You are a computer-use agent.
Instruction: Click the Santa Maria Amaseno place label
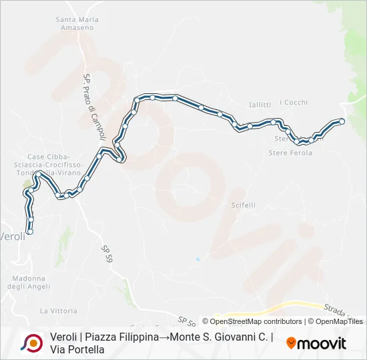pos(77,23)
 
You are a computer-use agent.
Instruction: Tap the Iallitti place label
pos(259,105)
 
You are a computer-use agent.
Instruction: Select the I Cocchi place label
pos(294,102)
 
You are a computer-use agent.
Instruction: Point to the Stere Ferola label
pos(290,153)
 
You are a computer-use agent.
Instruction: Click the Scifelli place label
pos(244,205)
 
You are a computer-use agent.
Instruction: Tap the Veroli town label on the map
pos(13,237)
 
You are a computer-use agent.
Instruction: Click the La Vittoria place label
pos(59,311)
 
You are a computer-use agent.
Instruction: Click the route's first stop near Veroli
pos(29,232)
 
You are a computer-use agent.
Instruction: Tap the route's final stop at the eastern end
pos(342,121)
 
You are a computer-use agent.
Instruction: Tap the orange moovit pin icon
pos(291,343)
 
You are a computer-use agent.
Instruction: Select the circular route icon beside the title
pos(31,343)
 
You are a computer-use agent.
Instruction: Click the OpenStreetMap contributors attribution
pos(256,321)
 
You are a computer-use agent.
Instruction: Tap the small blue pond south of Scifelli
pos(198,259)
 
